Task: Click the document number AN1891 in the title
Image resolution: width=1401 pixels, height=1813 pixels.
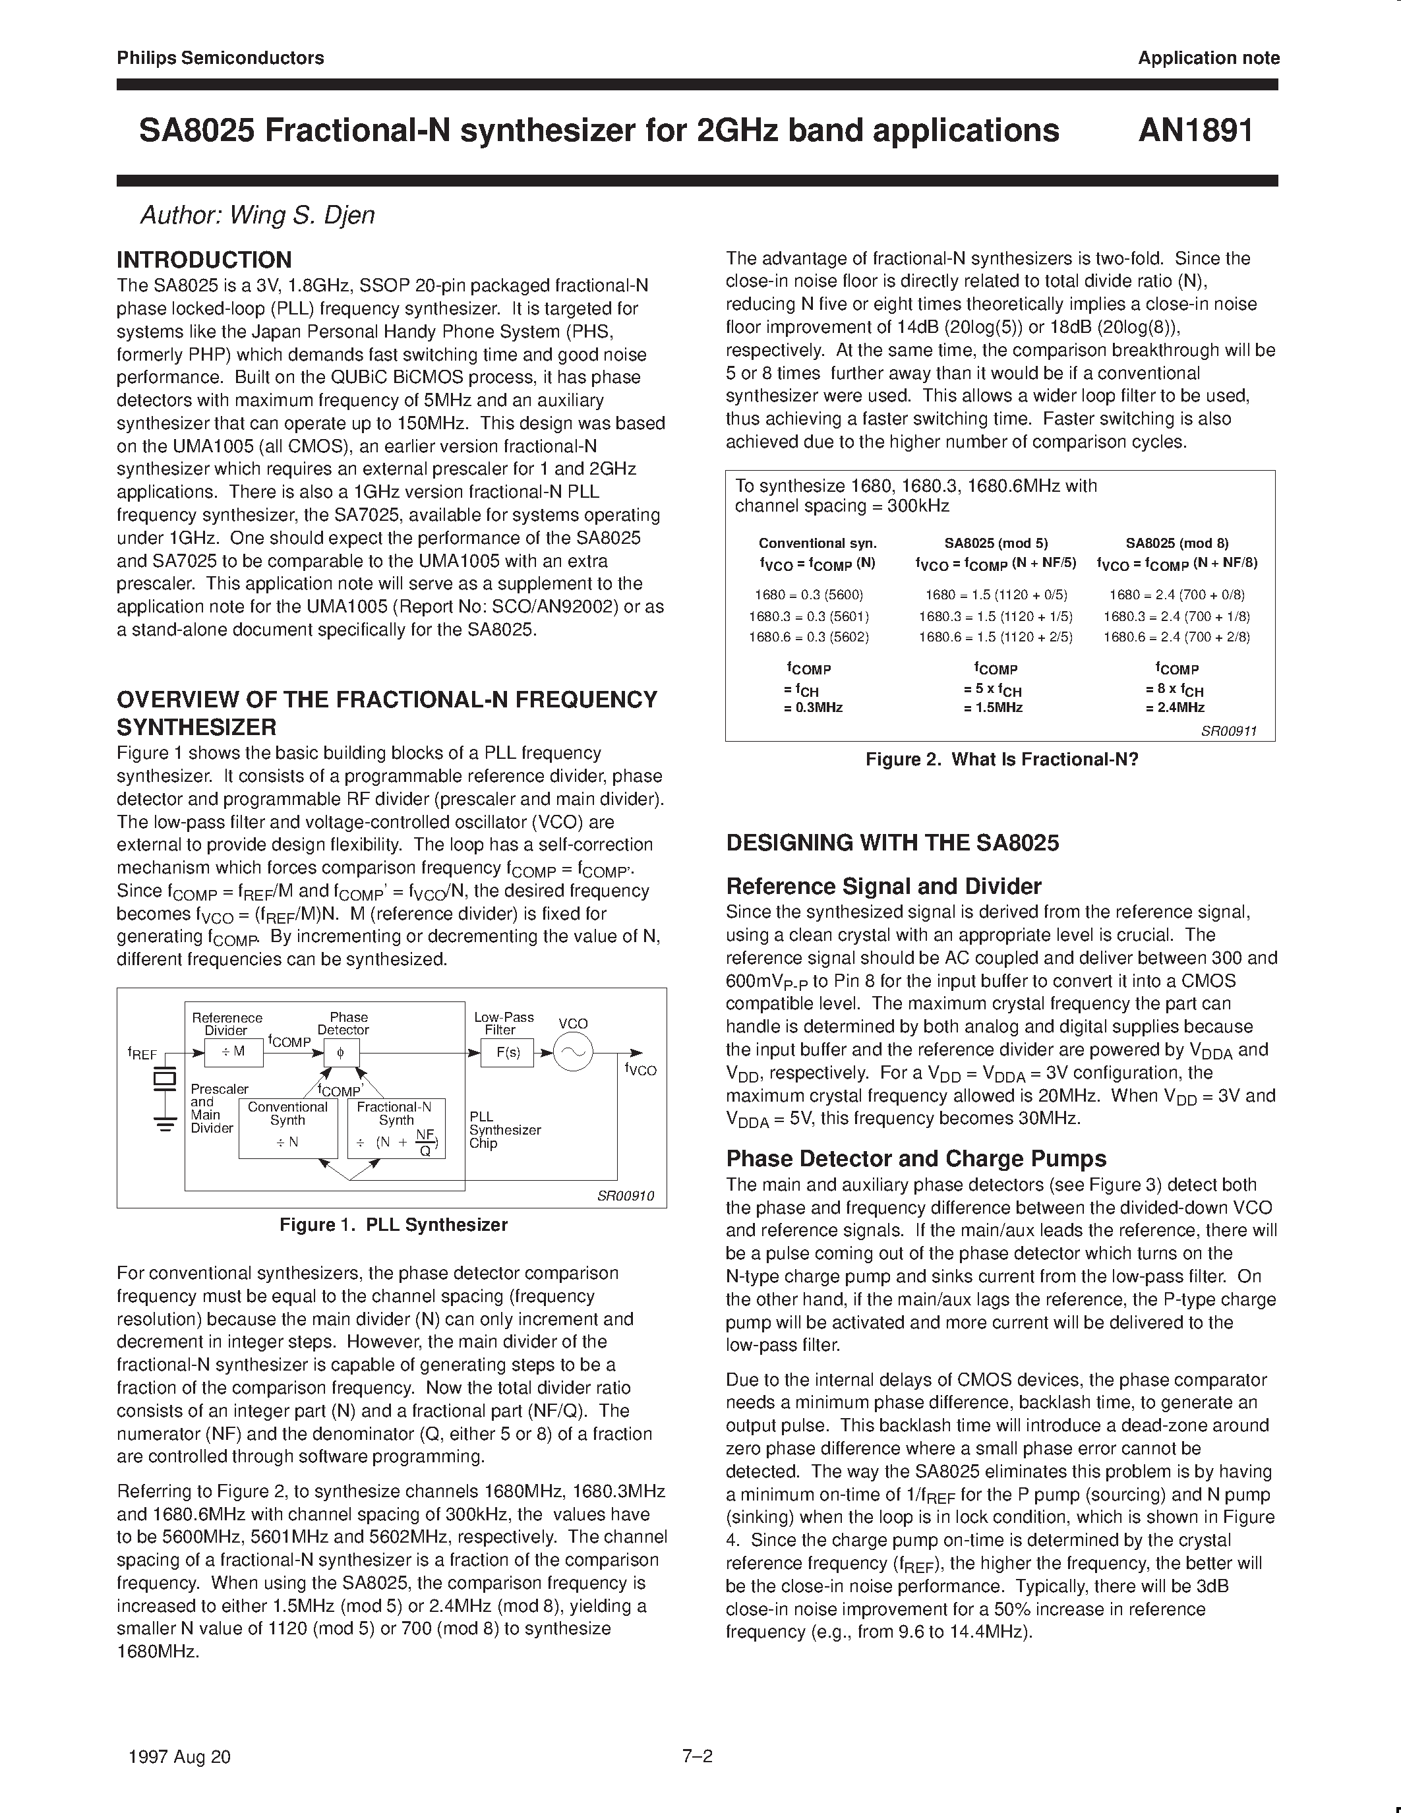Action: point(1195,131)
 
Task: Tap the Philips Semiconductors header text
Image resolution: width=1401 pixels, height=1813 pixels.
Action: point(220,58)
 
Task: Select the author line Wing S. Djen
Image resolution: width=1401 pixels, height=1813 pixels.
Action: point(257,216)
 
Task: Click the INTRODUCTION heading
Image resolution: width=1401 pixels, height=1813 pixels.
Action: point(204,260)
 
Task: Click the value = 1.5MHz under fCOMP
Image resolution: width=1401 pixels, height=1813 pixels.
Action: point(993,708)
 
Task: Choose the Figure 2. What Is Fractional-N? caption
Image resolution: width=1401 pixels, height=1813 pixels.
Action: point(1001,759)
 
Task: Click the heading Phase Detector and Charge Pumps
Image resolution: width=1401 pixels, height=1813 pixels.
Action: point(916,1159)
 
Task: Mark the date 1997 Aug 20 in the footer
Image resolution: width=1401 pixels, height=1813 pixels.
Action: point(179,1756)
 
